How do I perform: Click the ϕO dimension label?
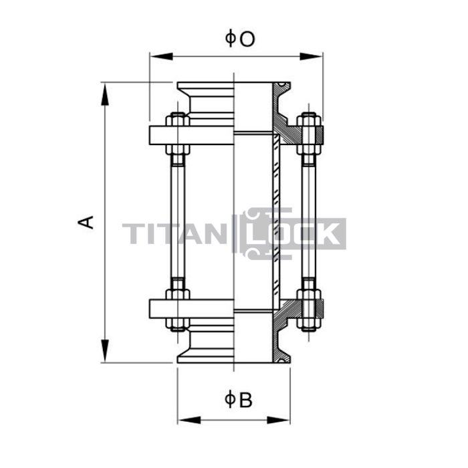point(240,39)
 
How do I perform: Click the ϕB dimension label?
point(239,400)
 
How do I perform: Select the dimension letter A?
point(86,223)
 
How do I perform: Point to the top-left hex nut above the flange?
point(178,120)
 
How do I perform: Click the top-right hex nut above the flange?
point(309,120)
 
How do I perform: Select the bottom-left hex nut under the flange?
point(178,324)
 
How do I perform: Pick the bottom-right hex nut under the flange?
point(309,324)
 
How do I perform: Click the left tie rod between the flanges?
point(178,221)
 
